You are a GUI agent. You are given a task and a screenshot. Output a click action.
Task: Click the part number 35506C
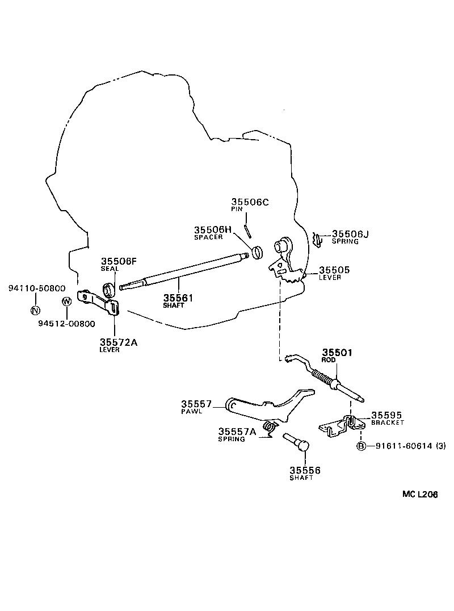coord(250,202)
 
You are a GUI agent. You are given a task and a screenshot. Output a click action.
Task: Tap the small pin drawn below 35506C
coord(248,231)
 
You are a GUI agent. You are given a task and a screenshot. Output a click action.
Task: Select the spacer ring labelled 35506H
coord(257,251)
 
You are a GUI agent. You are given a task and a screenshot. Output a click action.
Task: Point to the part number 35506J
coord(350,233)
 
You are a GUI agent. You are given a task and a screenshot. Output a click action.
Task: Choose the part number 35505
coord(334,270)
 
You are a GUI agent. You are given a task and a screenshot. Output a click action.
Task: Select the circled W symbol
coord(66,301)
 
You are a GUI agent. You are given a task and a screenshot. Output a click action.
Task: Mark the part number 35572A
coord(118,342)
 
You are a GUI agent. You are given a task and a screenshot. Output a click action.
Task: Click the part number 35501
coord(338,352)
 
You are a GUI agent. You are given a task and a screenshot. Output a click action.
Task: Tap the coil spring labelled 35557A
coord(270,426)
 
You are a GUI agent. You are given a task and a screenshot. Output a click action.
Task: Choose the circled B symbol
coord(360,446)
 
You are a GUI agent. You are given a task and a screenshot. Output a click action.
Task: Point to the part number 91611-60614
coord(401,446)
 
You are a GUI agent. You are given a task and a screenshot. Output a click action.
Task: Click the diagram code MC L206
coord(420,495)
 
